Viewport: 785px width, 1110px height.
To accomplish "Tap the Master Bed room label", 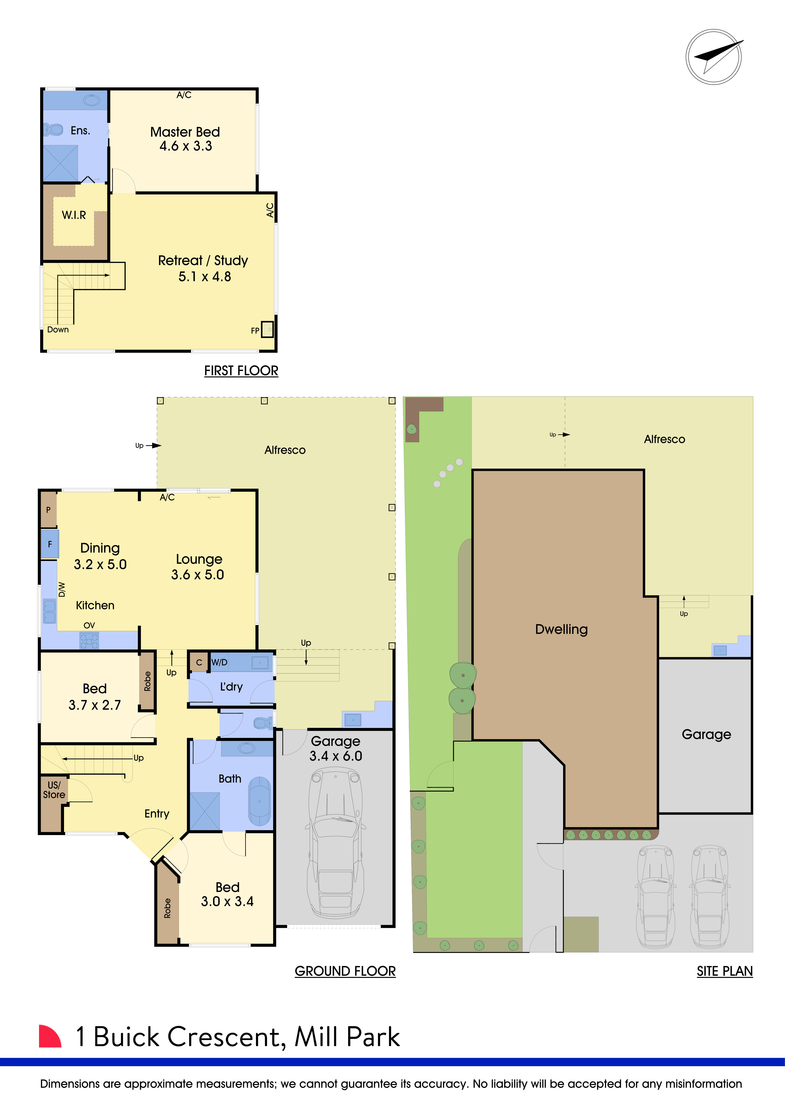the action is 185,132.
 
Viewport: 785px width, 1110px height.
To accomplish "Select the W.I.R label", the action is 74,215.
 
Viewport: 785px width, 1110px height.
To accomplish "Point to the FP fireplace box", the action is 267,329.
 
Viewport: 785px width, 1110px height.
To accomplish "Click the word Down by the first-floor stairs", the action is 58,330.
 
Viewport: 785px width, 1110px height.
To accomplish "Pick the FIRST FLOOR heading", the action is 241,371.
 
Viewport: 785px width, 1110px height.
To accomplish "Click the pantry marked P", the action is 48,510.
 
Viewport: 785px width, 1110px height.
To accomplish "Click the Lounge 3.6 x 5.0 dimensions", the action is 198,575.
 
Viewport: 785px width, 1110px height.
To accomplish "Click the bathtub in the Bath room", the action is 260,801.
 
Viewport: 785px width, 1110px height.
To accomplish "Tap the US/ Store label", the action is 54,790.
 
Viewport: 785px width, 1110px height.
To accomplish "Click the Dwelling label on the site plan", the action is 561,629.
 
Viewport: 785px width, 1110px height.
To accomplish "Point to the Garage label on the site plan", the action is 706,735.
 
